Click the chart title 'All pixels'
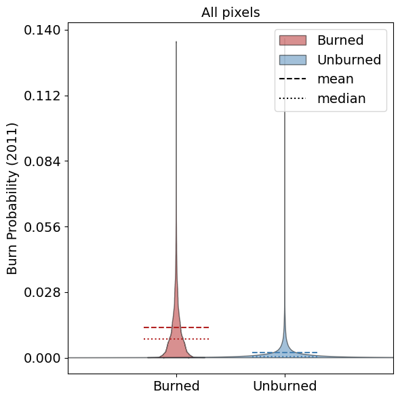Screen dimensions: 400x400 point(231,12)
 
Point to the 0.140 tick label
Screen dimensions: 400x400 point(42,30)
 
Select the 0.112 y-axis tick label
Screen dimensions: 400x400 point(42,96)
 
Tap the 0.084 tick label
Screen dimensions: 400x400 point(42,161)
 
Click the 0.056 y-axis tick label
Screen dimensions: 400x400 point(42,227)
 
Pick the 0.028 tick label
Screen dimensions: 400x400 point(42,292)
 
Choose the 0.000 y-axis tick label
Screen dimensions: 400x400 point(42,358)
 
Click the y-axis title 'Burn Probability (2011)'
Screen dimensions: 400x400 point(12,199)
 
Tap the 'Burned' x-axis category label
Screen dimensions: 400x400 point(176,386)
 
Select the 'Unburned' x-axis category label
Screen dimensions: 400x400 point(285,386)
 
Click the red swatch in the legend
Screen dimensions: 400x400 point(293,40)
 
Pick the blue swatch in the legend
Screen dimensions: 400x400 point(293,60)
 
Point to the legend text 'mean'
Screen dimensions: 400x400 point(336,79)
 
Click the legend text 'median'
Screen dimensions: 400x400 point(342,98)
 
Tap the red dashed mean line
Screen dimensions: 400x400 point(176,327)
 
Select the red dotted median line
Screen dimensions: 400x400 point(176,339)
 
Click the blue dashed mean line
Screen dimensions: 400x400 point(285,353)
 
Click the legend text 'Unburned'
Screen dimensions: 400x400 point(349,60)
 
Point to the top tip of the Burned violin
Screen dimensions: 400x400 point(176,41)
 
